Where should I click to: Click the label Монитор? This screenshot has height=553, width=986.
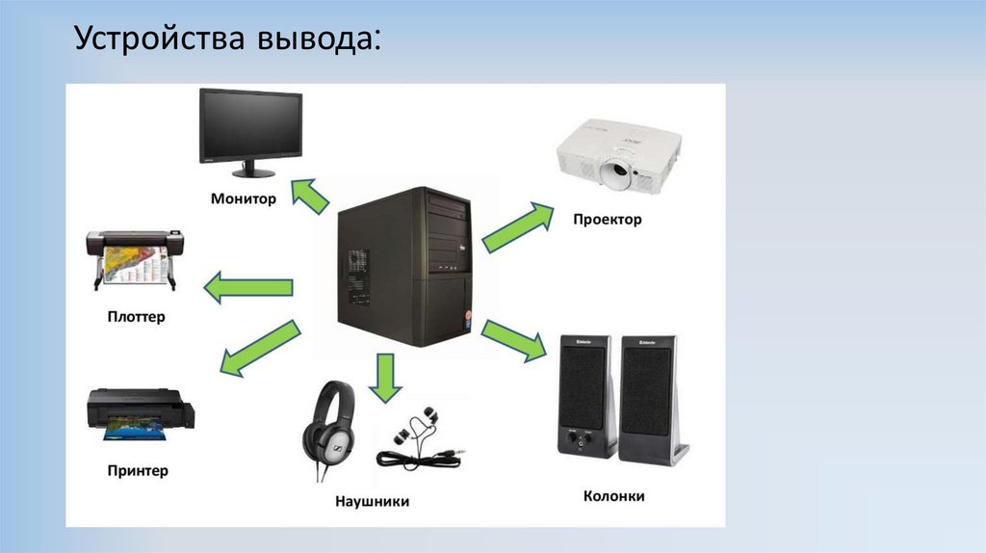point(244,199)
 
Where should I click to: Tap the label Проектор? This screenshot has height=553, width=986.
point(607,220)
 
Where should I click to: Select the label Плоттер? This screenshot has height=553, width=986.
point(136,316)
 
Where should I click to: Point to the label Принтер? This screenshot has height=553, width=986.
point(138,470)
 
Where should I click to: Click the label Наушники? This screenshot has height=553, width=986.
point(372,501)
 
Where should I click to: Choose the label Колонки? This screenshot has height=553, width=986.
point(613,496)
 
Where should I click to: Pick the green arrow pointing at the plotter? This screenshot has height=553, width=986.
point(247,287)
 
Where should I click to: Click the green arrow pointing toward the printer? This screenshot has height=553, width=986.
point(258,348)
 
